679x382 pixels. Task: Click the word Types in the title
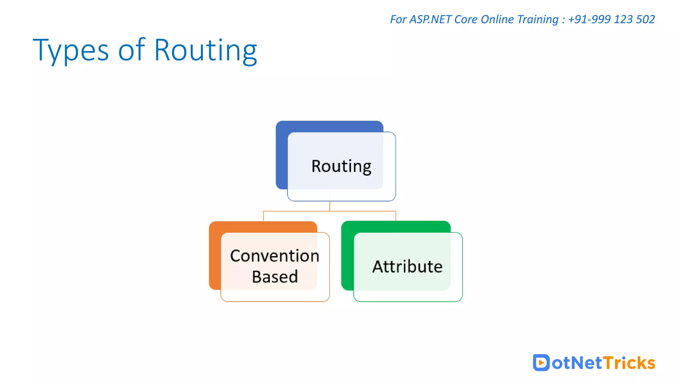tap(71, 50)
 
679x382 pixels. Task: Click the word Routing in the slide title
tap(206, 50)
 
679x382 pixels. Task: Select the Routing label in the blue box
tap(341, 166)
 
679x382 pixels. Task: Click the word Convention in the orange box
tap(275, 256)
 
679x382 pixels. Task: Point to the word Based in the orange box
tap(275, 277)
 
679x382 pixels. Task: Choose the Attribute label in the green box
tap(407, 267)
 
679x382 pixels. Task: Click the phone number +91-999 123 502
tap(611, 19)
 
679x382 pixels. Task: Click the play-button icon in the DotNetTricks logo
tap(541, 362)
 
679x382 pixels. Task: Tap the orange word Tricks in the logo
tap(629, 363)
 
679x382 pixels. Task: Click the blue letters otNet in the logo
tap(577, 363)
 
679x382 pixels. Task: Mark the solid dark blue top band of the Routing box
tap(329, 126)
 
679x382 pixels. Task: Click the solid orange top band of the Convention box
tap(263, 227)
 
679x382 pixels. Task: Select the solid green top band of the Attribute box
tap(396, 226)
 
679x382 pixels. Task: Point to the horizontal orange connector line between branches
tap(298, 211)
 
